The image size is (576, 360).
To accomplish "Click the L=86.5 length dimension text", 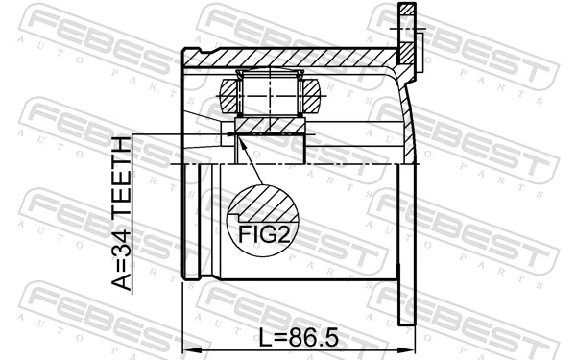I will (300, 337).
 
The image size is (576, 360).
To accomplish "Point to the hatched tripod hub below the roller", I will (270, 125).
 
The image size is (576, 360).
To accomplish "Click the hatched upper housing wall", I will (288, 57).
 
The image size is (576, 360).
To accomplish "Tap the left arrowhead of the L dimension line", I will (186, 349).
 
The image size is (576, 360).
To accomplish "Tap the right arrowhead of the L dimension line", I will (411, 349).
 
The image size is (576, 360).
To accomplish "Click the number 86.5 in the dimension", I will (317, 337).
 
